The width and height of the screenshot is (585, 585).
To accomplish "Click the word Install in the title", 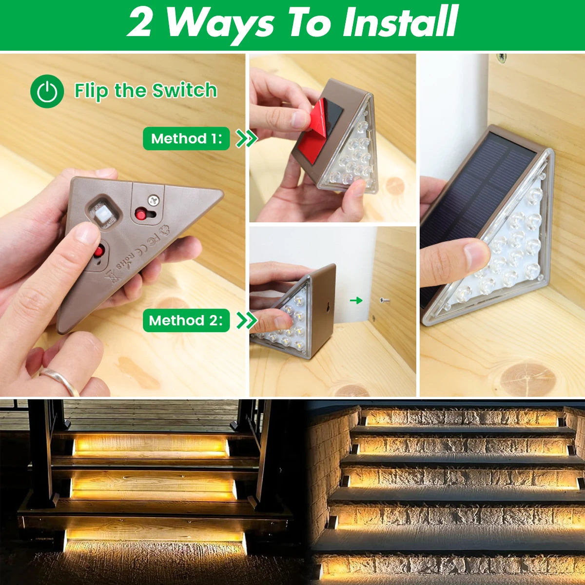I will click(400, 22).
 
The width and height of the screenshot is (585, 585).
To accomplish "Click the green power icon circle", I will click(47, 91).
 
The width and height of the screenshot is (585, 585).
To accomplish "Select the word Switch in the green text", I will click(184, 90).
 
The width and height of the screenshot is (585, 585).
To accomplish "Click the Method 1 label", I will click(186, 138).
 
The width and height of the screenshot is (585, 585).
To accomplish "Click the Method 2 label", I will click(186, 320).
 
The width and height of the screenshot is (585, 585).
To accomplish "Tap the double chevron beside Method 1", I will click(246, 138).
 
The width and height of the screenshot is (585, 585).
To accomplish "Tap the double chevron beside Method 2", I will click(246, 320).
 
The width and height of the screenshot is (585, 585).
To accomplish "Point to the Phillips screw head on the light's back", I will click(154, 199).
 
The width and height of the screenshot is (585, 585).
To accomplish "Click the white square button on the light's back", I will click(102, 213).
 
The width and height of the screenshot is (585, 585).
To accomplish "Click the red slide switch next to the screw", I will click(141, 214).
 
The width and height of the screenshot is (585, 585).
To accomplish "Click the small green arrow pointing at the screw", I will click(356, 300).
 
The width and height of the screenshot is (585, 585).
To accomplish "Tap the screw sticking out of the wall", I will click(385, 300).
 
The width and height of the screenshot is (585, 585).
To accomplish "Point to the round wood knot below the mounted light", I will click(528, 378).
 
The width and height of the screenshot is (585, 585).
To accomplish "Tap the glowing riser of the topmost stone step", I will click(461, 417).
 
